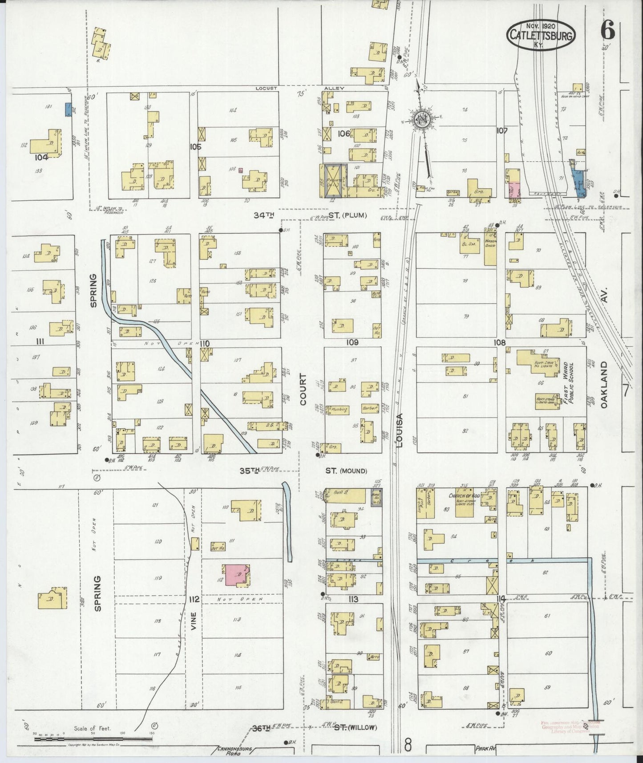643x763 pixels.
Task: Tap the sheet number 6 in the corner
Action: (x=607, y=30)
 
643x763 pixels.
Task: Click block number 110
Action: (x=204, y=343)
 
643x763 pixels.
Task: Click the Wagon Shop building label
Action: (x=490, y=237)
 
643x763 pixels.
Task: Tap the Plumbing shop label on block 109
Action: (x=338, y=408)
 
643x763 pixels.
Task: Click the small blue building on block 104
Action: (x=68, y=109)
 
